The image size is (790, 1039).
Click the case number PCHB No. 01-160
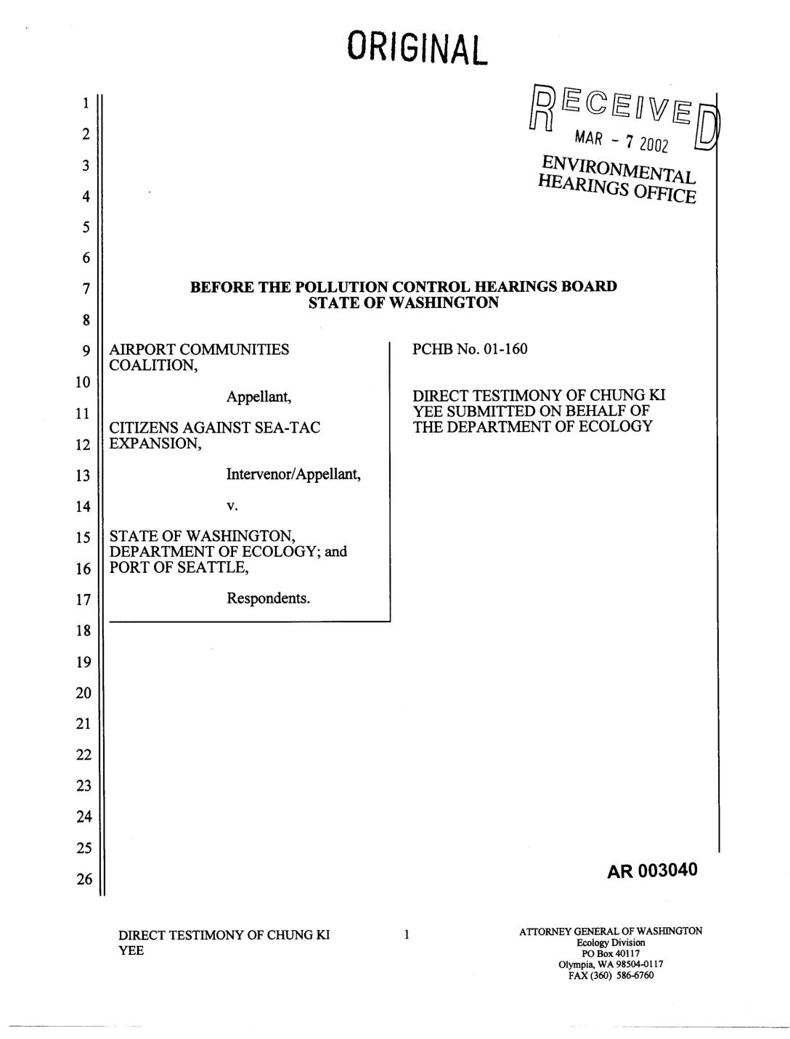pos(470,349)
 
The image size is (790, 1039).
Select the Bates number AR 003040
pos(652,870)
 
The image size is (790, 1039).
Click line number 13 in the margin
pos(85,476)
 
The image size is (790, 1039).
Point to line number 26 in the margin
pos(85,880)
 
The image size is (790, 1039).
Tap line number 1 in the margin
pos(85,103)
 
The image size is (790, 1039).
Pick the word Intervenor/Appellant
pos(293,475)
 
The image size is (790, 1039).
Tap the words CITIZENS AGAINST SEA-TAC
pos(214,428)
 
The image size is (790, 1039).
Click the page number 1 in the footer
pos(407,934)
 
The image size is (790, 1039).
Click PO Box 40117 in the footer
pos(611,953)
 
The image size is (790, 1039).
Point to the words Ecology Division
pos(611,942)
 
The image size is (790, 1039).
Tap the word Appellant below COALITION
pos(258,397)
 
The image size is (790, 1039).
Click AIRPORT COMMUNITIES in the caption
pos(199,350)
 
